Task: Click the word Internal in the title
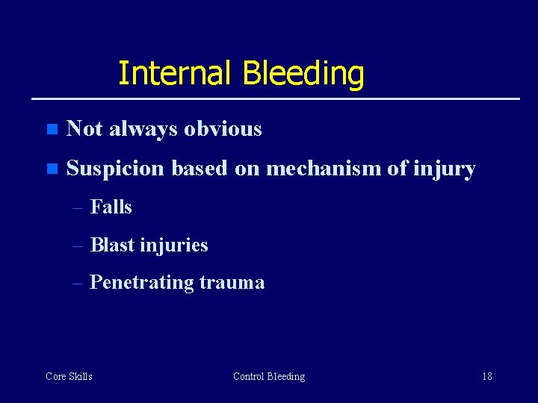(176, 74)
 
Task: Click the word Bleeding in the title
(303, 74)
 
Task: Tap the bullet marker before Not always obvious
(51, 129)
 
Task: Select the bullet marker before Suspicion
(51, 169)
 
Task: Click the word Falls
(111, 207)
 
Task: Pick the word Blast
(112, 245)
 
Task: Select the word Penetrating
(141, 283)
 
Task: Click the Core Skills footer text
(69, 376)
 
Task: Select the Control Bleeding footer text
(269, 376)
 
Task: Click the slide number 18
(486, 376)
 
